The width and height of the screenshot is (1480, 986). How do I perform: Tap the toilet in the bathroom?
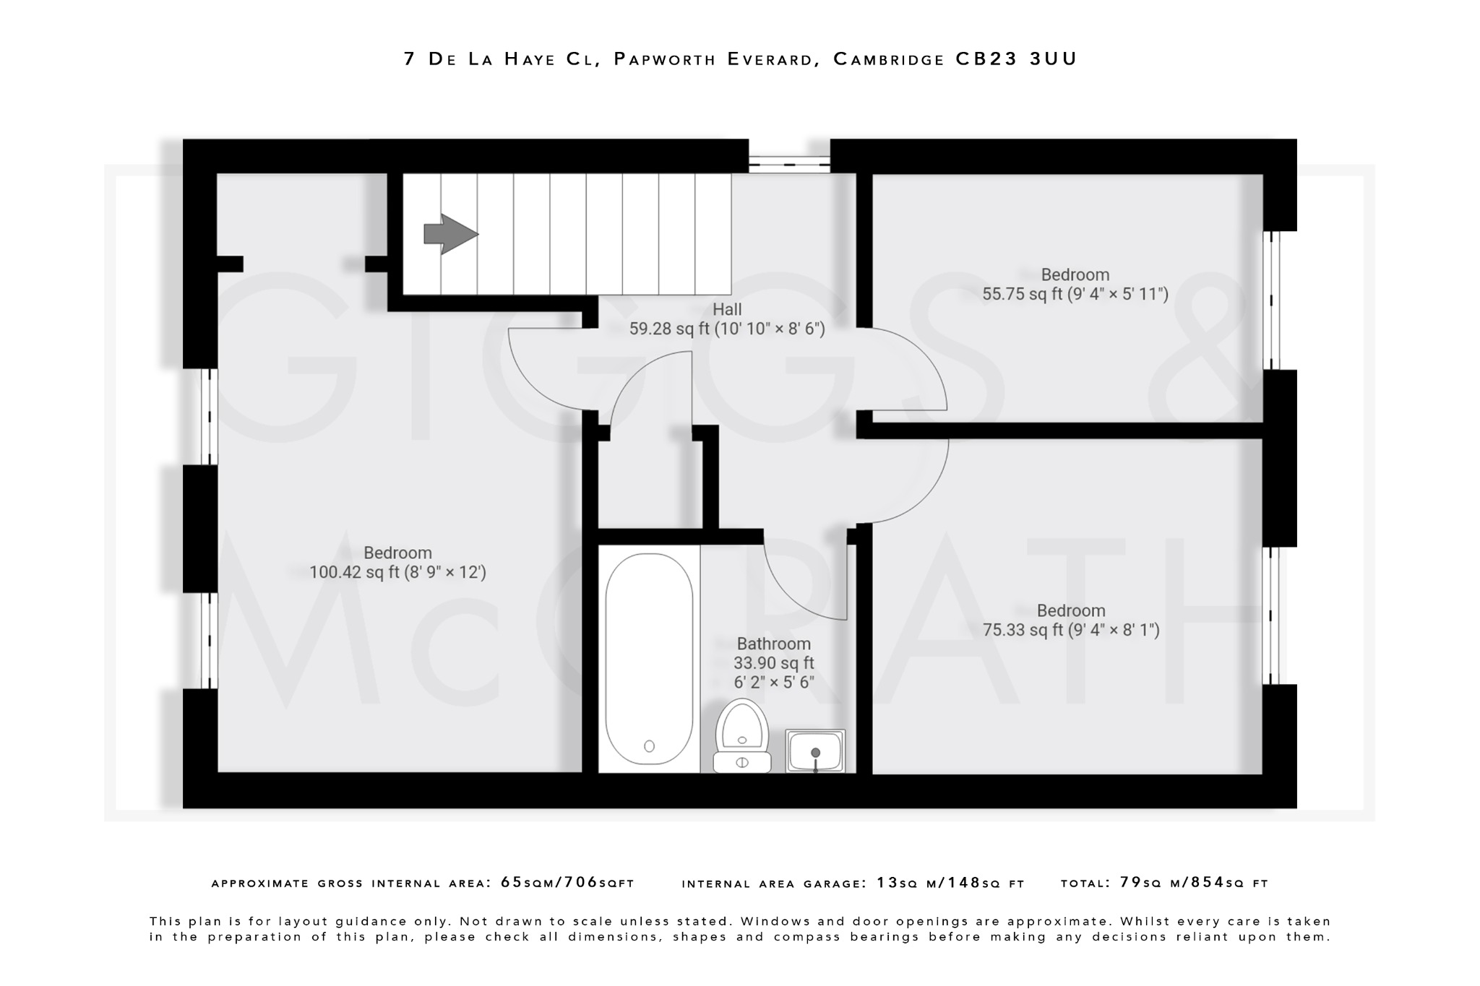click(x=741, y=735)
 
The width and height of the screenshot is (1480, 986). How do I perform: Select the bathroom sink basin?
click(x=815, y=751)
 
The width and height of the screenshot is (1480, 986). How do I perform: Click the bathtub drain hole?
click(x=649, y=746)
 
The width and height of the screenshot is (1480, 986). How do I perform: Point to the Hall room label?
click(x=727, y=310)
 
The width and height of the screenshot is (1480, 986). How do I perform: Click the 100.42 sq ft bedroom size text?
click(x=397, y=573)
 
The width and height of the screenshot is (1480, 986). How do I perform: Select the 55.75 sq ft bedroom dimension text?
click(x=1075, y=294)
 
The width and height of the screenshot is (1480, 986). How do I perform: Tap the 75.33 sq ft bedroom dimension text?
click(x=1070, y=630)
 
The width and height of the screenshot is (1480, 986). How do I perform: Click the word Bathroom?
click(x=773, y=644)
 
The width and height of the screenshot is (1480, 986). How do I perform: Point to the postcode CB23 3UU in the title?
click(x=1016, y=59)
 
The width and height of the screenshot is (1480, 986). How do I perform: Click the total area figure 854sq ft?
click(x=1229, y=883)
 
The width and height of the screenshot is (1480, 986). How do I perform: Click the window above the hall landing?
click(x=789, y=165)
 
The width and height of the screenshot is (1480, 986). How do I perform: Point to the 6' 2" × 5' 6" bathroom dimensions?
click(x=773, y=683)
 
